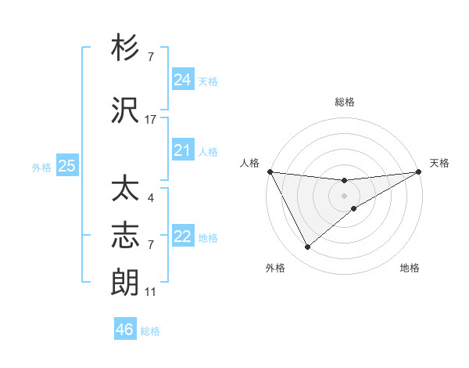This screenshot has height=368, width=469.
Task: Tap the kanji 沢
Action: [126, 111]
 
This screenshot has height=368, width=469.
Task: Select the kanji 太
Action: [126, 190]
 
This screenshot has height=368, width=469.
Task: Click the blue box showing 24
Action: [183, 80]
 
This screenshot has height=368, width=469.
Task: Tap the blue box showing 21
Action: [183, 150]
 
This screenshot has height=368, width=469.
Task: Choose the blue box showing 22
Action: [183, 236]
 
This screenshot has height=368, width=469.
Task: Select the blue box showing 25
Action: [67, 166]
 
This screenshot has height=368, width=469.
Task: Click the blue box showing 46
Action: [125, 330]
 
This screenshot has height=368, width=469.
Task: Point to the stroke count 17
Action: [151, 120]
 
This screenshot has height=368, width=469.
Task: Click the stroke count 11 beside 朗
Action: [151, 292]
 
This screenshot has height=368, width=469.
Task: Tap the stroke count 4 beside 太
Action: [150, 198]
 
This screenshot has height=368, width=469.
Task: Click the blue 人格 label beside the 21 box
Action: [208, 151]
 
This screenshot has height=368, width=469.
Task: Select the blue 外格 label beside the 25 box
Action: [41, 167]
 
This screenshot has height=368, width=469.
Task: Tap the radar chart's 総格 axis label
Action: [345, 102]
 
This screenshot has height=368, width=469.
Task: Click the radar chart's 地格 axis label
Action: [410, 268]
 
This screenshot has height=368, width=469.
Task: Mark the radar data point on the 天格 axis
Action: [420, 171]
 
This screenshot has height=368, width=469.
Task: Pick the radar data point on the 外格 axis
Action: [307, 247]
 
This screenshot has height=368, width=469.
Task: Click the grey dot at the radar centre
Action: [345, 195]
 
